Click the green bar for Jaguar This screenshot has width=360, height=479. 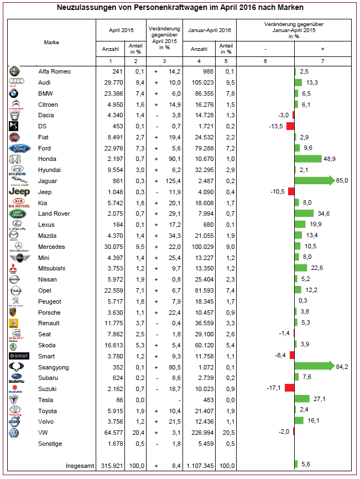(x=314, y=181)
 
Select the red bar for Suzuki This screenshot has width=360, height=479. (x=289, y=388)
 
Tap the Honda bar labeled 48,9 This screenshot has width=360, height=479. (x=308, y=159)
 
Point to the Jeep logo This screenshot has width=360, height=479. (x=19, y=191)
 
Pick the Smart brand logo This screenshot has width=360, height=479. (x=19, y=356)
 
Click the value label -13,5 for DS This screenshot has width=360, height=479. (x=275, y=126)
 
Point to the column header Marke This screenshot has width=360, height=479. (x=51, y=42)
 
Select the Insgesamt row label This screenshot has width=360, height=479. (x=80, y=465)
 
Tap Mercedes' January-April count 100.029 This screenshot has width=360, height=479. (x=201, y=246)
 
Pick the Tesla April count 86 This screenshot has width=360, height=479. (x=118, y=399)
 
